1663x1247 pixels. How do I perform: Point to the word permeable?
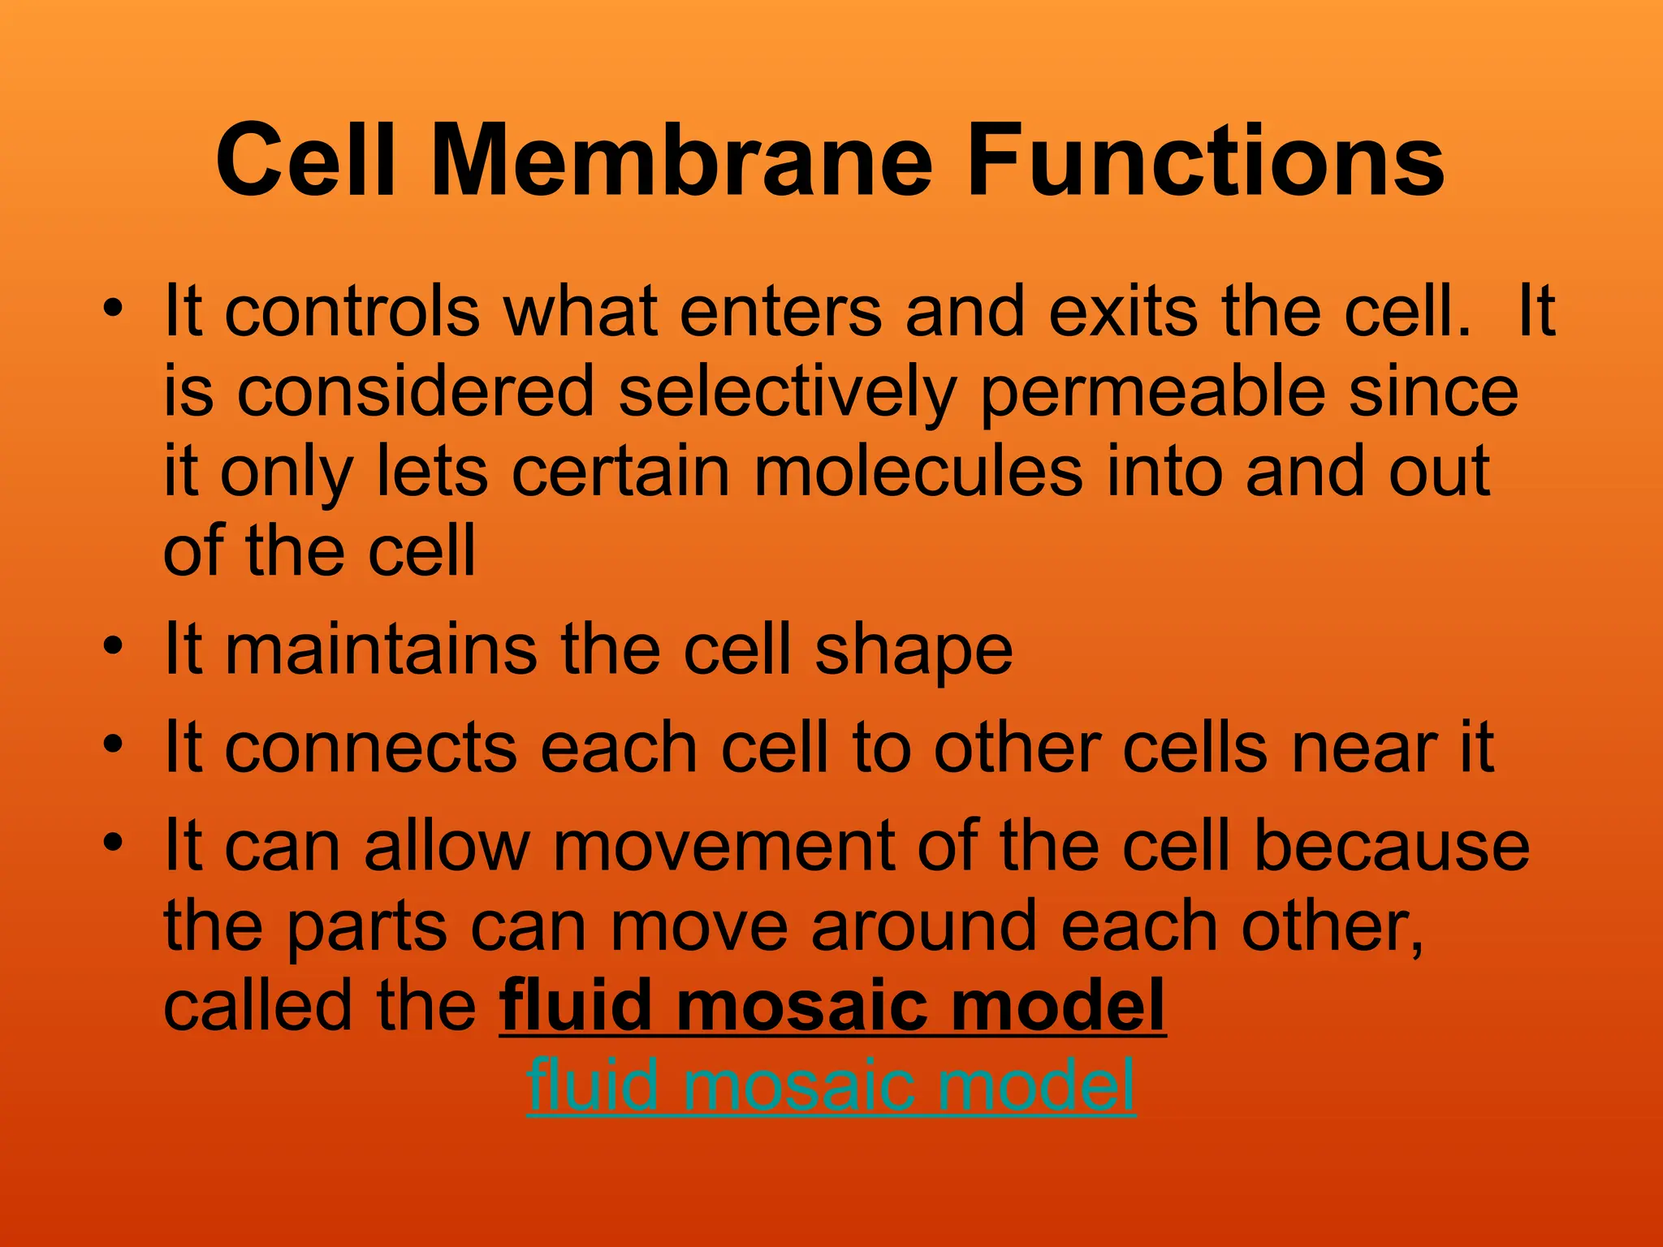pos(1152,393)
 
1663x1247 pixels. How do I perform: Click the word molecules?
pos(918,472)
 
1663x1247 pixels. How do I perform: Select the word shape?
pos(914,651)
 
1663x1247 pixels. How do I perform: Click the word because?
pos(1391,846)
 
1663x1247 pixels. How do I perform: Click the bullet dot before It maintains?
pos(114,646)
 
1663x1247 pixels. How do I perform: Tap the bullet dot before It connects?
pos(114,744)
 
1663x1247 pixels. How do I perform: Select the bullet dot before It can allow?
pos(114,842)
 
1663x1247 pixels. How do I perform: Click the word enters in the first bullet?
pos(780,313)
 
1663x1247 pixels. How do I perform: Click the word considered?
pos(415,393)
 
